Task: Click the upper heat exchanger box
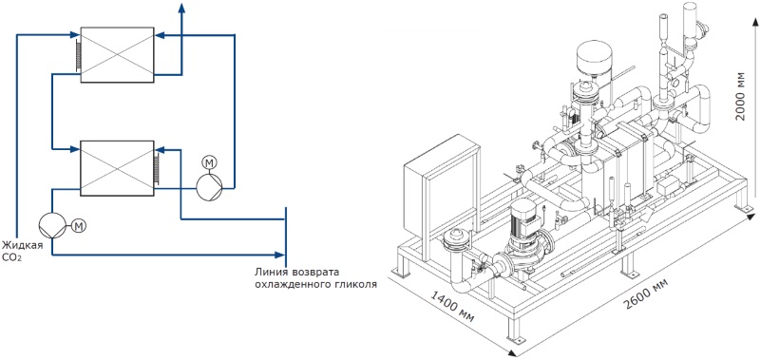pos(117,55)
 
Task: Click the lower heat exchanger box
pos(117,168)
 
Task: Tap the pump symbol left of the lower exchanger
pos(52,226)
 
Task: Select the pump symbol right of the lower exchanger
pos(209,186)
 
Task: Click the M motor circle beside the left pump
pos(79,225)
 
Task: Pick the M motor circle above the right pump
pos(209,163)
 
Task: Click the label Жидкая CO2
pos(21,250)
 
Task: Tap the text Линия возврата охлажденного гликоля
pos(316,277)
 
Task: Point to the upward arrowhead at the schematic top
pos(182,7)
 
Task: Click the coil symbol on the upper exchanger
pos(77,55)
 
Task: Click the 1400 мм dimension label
pos(452,305)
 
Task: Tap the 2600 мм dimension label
pos(645,294)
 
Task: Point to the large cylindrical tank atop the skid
pos(595,57)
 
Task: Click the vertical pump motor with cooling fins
pos(523,219)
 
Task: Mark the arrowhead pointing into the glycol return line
pos(279,255)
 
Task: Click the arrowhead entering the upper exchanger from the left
pos(74,35)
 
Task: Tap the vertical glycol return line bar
pos(286,234)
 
